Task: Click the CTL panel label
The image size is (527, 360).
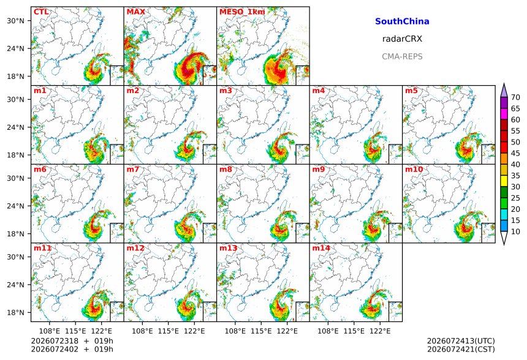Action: point(41,12)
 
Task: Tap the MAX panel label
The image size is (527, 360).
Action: point(136,12)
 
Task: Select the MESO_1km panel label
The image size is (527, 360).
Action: point(242,12)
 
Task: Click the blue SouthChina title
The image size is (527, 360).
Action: point(402,21)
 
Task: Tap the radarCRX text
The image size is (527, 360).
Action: point(402,39)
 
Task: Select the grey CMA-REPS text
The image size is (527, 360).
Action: point(402,56)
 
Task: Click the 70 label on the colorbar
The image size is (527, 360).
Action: point(515,97)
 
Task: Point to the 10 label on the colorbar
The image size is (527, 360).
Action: point(515,231)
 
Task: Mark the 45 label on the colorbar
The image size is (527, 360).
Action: point(515,153)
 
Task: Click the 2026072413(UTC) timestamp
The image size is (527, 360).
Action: point(461,341)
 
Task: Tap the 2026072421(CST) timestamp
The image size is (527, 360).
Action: point(461,349)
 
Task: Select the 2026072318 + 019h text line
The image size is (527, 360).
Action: point(72,341)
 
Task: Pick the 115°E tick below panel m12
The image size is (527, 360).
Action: point(168,331)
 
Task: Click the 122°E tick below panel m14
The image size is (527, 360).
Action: point(380,331)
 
